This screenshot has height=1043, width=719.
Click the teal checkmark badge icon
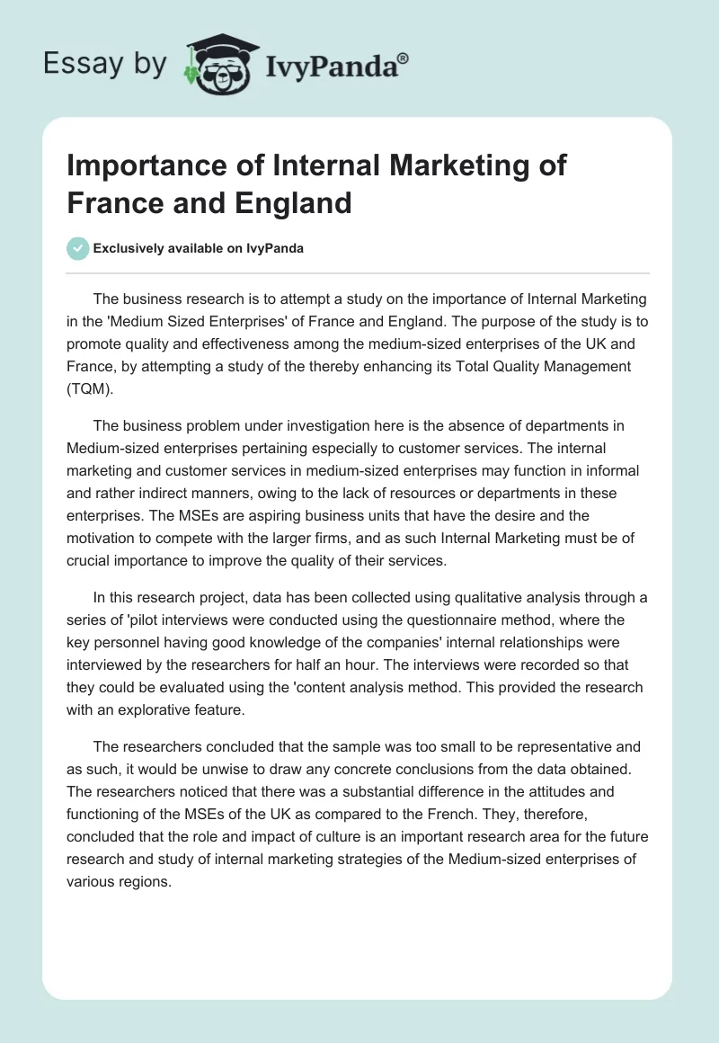pyautogui.click(x=77, y=248)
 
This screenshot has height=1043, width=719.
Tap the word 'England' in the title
pyautogui.click(x=291, y=203)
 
